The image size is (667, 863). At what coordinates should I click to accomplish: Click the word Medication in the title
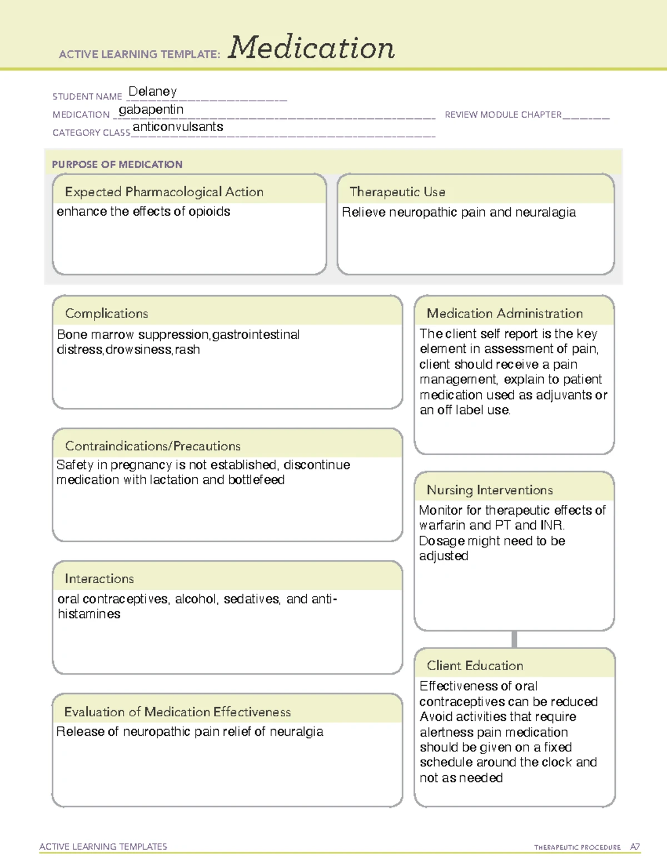tap(311, 48)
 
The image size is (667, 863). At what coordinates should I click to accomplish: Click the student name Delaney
tap(152, 92)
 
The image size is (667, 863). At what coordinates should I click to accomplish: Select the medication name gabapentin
tap(151, 109)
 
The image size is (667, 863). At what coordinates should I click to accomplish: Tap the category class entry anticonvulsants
tap(178, 127)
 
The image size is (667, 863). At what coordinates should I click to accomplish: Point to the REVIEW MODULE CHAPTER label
tap(503, 114)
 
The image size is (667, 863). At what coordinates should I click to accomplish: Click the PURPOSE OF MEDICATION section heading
tap(117, 164)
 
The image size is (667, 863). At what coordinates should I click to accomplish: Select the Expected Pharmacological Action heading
tap(164, 192)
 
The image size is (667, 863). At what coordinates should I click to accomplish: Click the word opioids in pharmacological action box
tap(209, 212)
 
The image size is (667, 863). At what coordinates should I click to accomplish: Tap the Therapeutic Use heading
tap(397, 192)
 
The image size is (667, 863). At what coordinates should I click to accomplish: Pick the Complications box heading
tap(107, 313)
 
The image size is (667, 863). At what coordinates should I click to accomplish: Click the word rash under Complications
tap(187, 350)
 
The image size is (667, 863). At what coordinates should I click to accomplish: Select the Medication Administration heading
tap(505, 313)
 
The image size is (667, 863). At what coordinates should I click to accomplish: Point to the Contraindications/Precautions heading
tap(153, 446)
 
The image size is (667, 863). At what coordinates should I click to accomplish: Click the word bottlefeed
tap(256, 480)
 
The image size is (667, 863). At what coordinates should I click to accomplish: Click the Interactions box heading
tap(99, 579)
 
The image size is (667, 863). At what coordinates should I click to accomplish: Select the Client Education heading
tap(475, 666)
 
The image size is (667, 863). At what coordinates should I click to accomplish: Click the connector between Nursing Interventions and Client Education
tap(514, 640)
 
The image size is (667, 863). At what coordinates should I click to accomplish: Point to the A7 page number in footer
tap(635, 847)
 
